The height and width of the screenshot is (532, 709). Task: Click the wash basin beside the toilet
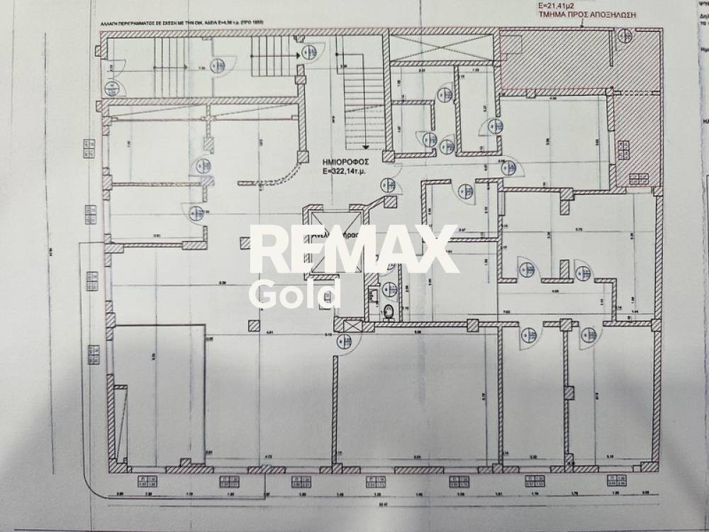pos(373,292)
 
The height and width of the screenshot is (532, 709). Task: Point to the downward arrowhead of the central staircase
pos(365,148)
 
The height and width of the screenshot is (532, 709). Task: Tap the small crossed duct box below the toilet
pos(347,326)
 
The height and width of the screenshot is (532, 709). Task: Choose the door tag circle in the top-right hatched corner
pos(624,35)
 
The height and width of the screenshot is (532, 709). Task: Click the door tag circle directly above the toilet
pos(389,289)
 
